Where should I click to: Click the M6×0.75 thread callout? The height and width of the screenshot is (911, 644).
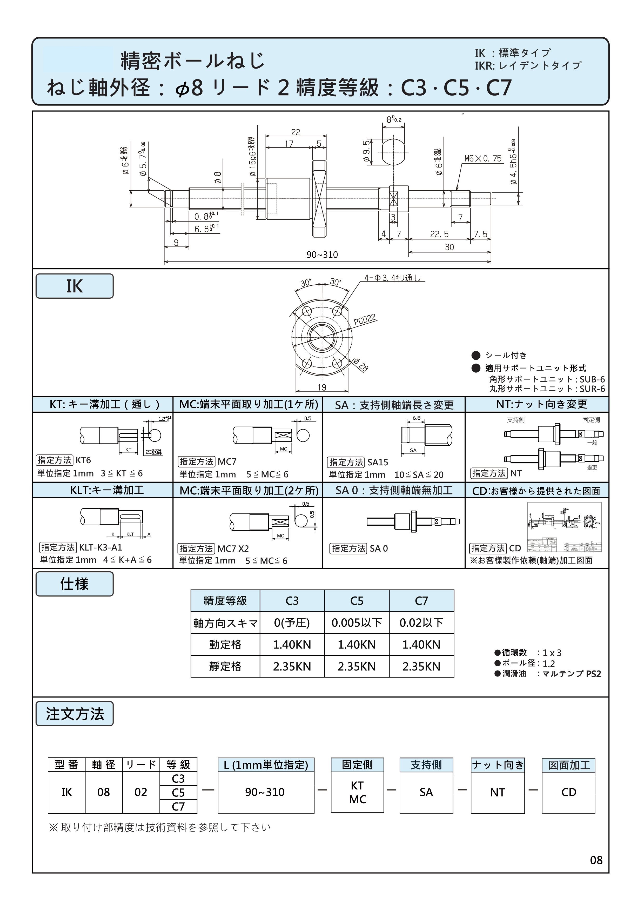[x=482, y=159]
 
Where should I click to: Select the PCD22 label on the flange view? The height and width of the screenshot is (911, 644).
[x=365, y=319]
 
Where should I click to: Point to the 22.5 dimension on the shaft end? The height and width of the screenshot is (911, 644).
[x=439, y=235]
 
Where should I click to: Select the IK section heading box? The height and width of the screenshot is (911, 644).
[x=74, y=286]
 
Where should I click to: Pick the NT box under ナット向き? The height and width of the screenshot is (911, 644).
[x=497, y=792]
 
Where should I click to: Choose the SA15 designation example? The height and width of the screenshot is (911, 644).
[x=377, y=462]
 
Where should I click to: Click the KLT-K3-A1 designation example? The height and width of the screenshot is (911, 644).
[x=100, y=547]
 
